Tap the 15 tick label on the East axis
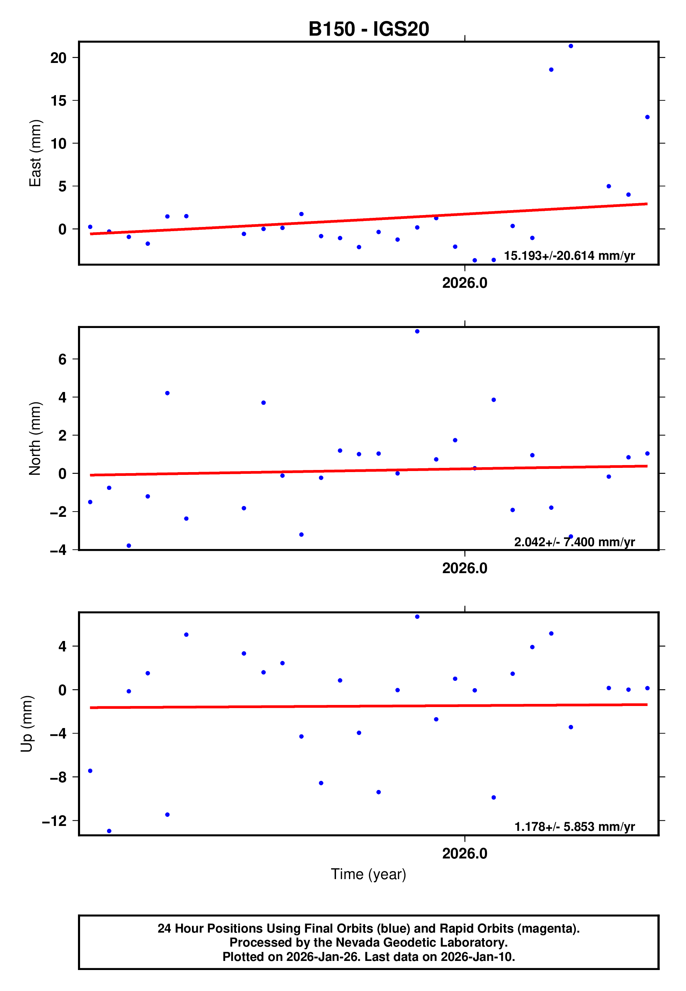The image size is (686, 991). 58,101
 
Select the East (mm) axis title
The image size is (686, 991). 35,153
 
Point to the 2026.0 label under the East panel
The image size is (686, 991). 464,283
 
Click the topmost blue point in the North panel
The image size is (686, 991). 417,331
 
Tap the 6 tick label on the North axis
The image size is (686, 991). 62,359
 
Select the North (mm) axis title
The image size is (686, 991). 35,439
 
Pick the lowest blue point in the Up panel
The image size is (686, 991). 109,831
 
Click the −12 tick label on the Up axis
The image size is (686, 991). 55,821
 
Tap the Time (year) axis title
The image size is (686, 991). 369,874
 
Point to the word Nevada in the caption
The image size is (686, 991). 358,942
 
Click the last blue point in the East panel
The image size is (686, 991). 647,117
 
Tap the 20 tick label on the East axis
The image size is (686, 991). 58,58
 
